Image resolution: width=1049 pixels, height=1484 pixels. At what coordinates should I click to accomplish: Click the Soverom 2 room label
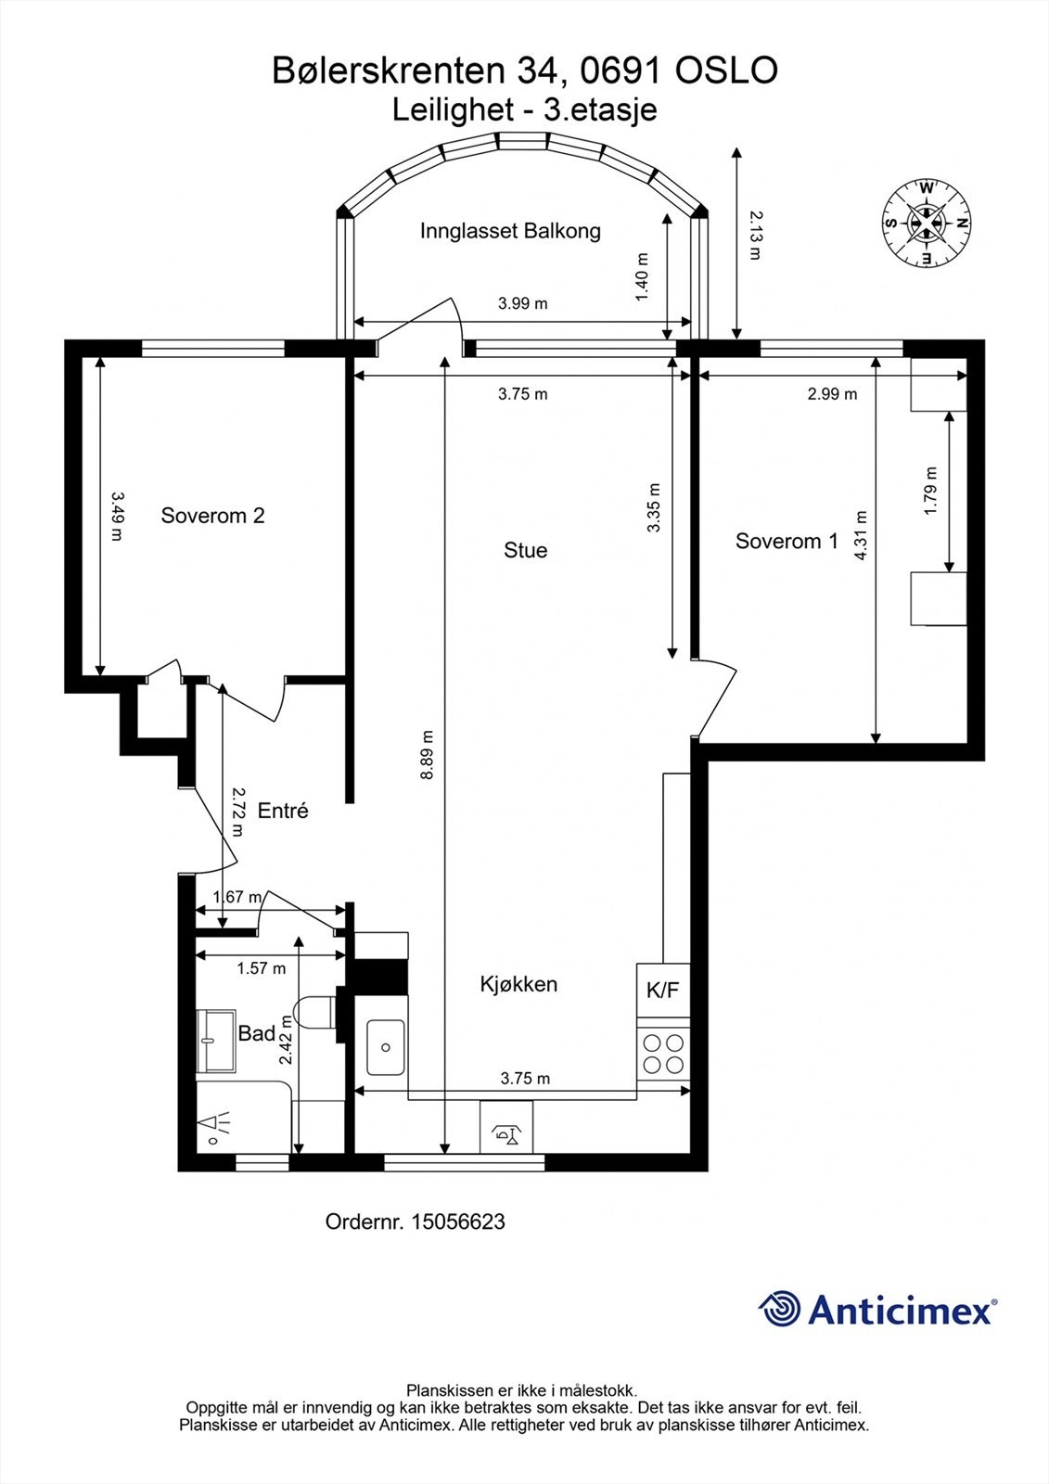tap(212, 516)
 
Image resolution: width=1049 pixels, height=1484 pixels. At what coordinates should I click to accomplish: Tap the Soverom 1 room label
tap(787, 542)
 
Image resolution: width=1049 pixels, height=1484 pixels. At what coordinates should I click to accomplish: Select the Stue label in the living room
tap(526, 550)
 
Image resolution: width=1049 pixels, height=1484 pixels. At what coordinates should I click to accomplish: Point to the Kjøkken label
tap(518, 984)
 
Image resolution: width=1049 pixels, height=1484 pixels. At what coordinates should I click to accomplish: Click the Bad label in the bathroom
tap(256, 1033)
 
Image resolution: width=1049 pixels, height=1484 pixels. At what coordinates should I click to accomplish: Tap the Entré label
tap(283, 811)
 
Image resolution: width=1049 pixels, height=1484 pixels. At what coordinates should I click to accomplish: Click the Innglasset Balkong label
tap(510, 231)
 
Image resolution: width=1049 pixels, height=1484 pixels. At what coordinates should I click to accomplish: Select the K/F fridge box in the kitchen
tap(663, 990)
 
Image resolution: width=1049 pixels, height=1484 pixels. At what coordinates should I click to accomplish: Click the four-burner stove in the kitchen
tap(663, 1054)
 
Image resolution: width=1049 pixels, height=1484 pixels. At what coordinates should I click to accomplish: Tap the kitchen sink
tap(385, 1047)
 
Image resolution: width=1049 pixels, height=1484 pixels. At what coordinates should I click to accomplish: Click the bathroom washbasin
tap(216, 1040)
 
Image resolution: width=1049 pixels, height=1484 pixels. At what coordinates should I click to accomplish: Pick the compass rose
tap(927, 224)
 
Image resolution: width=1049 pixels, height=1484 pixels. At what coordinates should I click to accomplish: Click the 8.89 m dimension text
tap(428, 755)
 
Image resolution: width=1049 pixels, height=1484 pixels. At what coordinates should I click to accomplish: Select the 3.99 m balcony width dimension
tap(523, 304)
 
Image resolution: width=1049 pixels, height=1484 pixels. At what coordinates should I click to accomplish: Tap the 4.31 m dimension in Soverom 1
tap(860, 535)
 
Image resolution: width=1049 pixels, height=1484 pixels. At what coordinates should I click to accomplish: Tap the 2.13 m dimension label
tap(755, 236)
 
